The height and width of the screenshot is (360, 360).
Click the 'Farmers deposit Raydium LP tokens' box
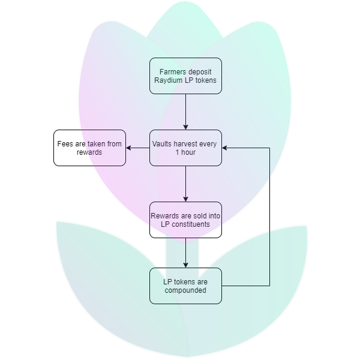click(185, 76)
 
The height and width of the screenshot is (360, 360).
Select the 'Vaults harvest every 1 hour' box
click(185, 148)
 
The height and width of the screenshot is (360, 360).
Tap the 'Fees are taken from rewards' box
click(89, 148)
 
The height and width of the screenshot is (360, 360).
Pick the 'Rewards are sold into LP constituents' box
click(185, 220)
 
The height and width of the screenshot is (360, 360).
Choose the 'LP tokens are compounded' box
click(185, 286)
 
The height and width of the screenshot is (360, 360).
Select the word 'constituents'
click(191, 224)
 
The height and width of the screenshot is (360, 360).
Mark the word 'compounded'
click(185, 290)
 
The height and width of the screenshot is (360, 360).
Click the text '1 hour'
click(185, 152)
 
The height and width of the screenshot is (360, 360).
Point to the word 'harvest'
click(189, 143)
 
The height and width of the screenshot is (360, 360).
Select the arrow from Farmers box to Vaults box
click(185, 112)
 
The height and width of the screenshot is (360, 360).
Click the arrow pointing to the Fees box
click(137, 148)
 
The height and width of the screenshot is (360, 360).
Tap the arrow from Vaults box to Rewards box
click(185, 184)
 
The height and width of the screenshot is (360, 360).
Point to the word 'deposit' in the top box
click(200, 71)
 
